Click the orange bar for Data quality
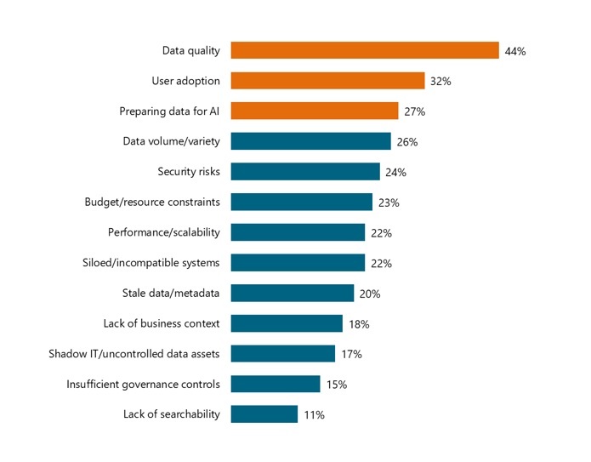pyautogui.click(x=364, y=50)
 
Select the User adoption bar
pyautogui.click(x=327, y=81)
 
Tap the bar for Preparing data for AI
pyautogui.click(x=314, y=111)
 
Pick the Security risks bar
pyautogui.click(x=304, y=172)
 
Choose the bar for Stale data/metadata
pyautogui.click(x=292, y=294)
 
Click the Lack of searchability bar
pyautogui.click(x=264, y=414)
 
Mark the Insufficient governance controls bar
pyautogui.click(x=275, y=385)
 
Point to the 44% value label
pyautogui.click(x=515, y=51)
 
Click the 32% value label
pyautogui.click(x=440, y=82)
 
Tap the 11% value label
pyautogui.click(x=314, y=415)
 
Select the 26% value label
pyautogui.click(x=407, y=142)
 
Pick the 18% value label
pyautogui.click(x=359, y=324)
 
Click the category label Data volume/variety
pyautogui.click(x=171, y=142)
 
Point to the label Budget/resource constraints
pyautogui.click(x=152, y=202)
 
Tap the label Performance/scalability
pyautogui.click(x=163, y=233)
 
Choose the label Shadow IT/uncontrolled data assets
pyautogui.click(x=134, y=354)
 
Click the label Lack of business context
pyautogui.click(x=162, y=323)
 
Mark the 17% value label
pyautogui.click(x=351, y=355)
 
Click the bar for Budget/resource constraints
pyautogui.click(x=301, y=202)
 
